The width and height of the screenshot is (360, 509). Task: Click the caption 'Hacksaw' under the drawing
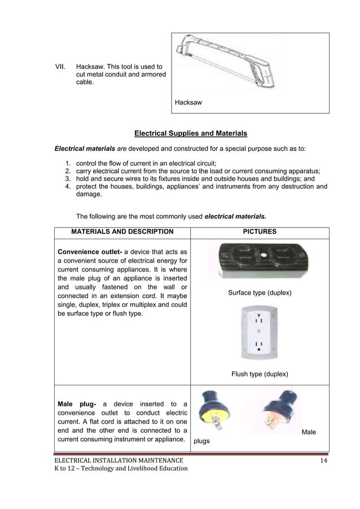pos(188,103)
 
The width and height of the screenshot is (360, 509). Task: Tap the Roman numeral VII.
pos(59,67)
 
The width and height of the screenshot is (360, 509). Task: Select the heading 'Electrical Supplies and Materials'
pos(191,134)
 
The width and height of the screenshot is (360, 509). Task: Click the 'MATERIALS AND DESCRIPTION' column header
pos(122,231)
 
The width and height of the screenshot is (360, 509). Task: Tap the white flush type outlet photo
pos(259,333)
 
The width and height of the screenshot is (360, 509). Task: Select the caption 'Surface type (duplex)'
pos(260,293)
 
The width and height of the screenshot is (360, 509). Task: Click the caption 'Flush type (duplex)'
pos(260,374)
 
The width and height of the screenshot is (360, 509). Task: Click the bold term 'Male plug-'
pos(77,404)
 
